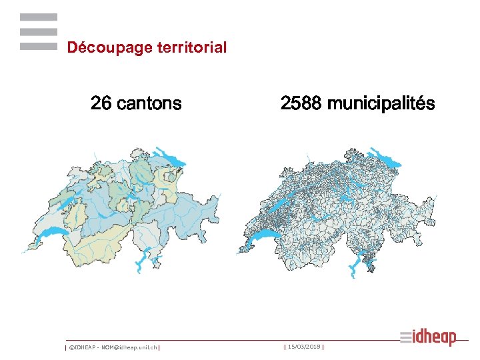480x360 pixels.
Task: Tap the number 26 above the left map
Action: tap(101, 104)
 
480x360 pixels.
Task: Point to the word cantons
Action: tap(147, 104)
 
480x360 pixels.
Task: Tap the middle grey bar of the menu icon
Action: tap(39, 32)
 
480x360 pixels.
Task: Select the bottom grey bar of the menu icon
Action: tap(39, 47)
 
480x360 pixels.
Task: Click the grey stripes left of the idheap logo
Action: tap(407, 338)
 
